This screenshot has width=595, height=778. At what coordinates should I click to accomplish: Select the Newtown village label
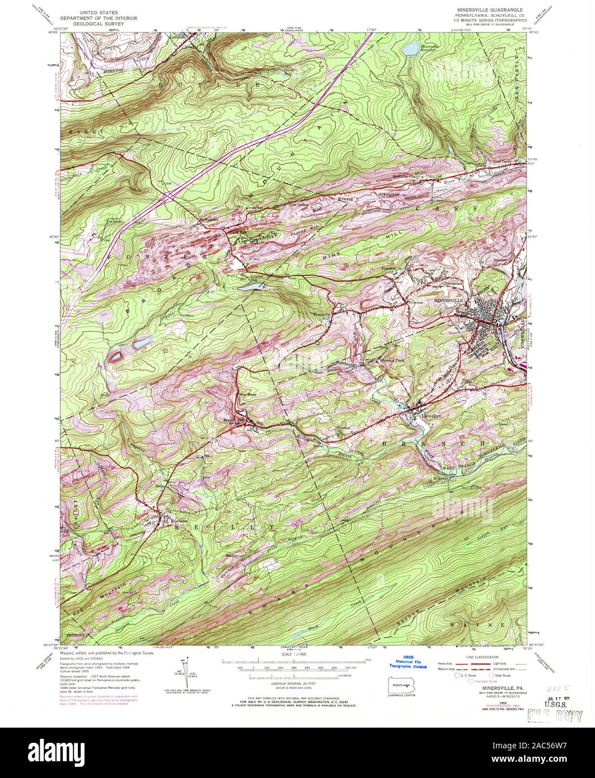(177, 520)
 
